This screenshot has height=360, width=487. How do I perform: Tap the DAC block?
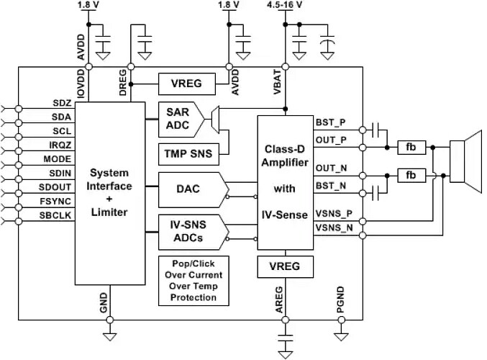pos(189,190)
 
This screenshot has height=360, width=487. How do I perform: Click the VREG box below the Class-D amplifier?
pos(286,268)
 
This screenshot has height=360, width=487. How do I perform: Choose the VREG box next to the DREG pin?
pos(186,84)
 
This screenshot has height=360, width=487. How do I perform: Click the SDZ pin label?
pos(61,104)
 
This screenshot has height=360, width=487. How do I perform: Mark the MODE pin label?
pos(58,158)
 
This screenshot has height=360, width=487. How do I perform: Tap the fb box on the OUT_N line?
pos(411,175)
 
